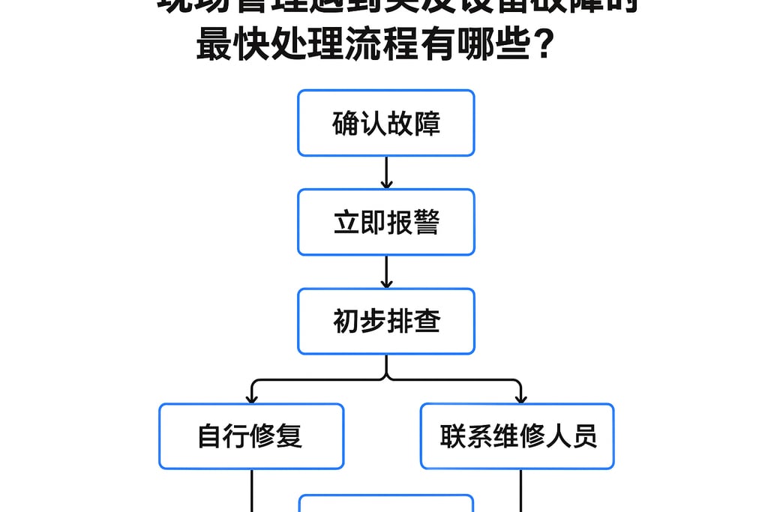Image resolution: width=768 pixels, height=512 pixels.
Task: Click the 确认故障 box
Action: [x=385, y=123]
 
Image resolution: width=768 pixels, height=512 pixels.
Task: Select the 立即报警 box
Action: [x=385, y=222]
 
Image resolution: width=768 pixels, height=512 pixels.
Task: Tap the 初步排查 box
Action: [x=385, y=321]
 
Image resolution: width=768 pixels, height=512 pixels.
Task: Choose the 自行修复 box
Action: [x=250, y=436]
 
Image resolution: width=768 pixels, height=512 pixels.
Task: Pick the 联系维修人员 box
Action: [x=517, y=436]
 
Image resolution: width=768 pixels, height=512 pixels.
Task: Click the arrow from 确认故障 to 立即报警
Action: [x=386, y=172]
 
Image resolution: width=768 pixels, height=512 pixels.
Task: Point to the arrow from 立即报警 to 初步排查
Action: [x=386, y=271]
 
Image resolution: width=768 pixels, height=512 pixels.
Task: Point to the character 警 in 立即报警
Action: [x=426, y=222]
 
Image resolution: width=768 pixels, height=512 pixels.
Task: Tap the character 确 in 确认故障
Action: [x=345, y=123]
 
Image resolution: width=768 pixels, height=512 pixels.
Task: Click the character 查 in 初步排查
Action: [x=426, y=321]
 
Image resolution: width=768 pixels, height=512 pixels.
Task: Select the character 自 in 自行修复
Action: [x=210, y=436]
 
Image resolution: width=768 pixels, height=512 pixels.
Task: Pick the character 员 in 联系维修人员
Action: [x=584, y=436]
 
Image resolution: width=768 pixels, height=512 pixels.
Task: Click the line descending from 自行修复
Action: [x=251, y=490]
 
